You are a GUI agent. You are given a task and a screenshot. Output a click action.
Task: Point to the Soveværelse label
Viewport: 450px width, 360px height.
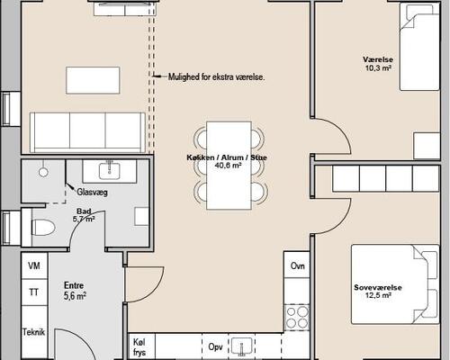(x=377, y=288)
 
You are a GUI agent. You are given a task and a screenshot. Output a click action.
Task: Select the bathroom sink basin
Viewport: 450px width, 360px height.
(x=109, y=168)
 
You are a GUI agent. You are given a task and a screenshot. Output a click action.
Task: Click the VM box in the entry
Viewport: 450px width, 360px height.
(x=34, y=266)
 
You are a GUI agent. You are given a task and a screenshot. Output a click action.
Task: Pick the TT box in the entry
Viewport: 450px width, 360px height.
(x=34, y=292)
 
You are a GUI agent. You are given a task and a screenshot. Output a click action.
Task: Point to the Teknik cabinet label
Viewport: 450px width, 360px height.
(x=34, y=331)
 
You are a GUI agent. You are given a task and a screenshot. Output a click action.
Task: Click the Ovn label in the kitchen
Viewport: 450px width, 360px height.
(x=296, y=266)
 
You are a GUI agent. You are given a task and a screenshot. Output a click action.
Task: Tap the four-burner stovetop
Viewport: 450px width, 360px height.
(x=296, y=316)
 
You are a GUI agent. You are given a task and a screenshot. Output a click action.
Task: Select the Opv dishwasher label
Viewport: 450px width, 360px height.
(x=216, y=346)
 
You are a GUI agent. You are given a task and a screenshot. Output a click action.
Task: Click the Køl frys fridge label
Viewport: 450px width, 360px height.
(x=139, y=347)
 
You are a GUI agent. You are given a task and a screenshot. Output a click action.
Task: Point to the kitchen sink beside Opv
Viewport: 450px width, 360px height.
(x=244, y=346)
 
